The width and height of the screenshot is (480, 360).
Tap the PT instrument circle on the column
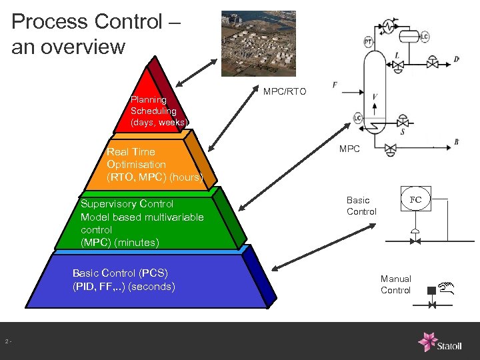[x=368, y=42]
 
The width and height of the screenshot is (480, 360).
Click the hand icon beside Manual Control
[x=448, y=287]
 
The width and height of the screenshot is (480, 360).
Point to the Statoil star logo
[x=427, y=341]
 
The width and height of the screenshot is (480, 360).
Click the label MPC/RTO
[x=285, y=91]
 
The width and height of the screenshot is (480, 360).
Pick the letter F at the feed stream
[x=335, y=85]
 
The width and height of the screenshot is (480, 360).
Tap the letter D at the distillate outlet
[x=456, y=59]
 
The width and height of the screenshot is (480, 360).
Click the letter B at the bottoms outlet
[x=456, y=142]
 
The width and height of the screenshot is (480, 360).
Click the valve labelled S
[x=403, y=123]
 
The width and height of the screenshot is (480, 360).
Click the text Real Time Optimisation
[x=137, y=158]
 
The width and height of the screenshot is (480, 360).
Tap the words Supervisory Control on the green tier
[x=127, y=204]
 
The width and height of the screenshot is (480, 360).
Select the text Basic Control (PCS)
[x=120, y=273]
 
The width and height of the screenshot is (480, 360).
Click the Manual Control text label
[x=395, y=285]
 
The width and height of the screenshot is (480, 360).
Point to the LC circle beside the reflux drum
[x=424, y=35]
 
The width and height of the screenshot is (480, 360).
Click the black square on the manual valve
[x=431, y=290]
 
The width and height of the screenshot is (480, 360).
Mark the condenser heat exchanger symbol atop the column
[x=387, y=26]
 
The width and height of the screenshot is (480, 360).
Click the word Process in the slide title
[x=50, y=21]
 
